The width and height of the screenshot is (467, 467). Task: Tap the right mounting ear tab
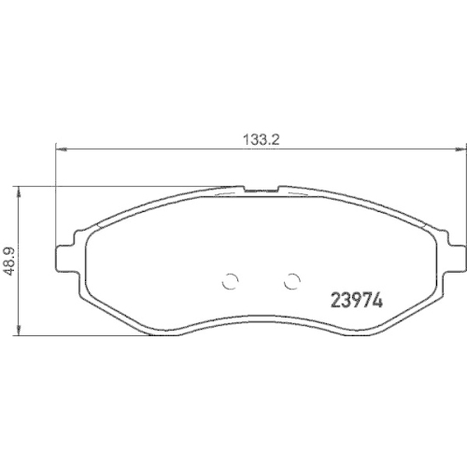coord(456,254)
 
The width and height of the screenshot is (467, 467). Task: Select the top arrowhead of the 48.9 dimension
coord(19,188)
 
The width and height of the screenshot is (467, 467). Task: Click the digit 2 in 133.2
coord(277,134)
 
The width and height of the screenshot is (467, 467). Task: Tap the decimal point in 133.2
coord(272,137)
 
